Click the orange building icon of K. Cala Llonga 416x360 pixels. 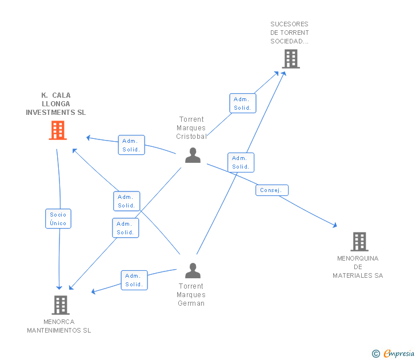coord(58,130)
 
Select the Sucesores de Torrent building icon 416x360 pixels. coord(290,58)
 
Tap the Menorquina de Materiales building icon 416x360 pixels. coord(359,242)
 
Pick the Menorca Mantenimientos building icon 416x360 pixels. coord(61,305)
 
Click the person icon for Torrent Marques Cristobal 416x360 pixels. coord(193,155)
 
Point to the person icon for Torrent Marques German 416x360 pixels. coord(193,270)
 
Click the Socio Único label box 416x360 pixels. coord(58,218)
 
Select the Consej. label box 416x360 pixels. coord(272,190)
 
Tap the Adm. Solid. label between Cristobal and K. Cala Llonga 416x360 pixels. coord(131,145)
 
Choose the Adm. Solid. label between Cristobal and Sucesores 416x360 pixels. coord(243,103)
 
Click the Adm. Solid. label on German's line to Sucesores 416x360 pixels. coord(241,162)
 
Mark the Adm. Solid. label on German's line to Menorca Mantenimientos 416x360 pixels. coord(134,280)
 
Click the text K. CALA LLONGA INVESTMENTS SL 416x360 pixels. coord(56,104)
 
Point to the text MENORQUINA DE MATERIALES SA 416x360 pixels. coord(358,267)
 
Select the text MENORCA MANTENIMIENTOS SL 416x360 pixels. coord(59,326)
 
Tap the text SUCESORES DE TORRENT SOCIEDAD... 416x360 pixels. coord(289,33)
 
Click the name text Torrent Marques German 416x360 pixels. coord(191,294)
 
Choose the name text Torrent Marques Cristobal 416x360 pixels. coord(191,128)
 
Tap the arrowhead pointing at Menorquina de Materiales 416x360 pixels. coord(335,226)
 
